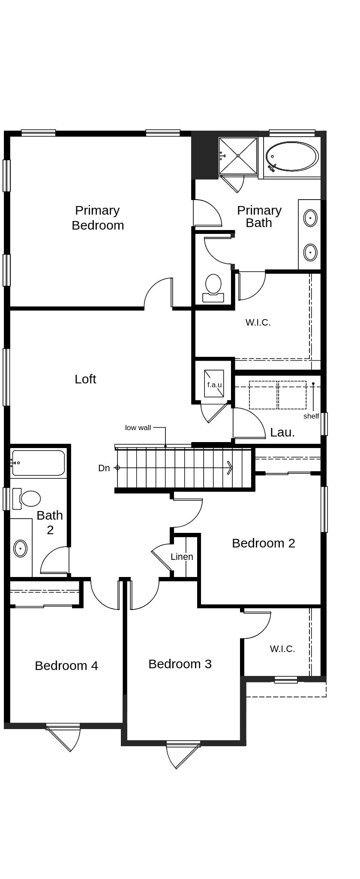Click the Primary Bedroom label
click(x=98, y=218)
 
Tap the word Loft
click(x=85, y=379)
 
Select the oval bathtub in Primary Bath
click(x=292, y=157)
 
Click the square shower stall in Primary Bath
click(x=238, y=156)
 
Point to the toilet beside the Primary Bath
click(x=213, y=288)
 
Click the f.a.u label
click(x=214, y=385)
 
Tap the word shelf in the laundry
click(x=311, y=416)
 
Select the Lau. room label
click(x=282, y=432)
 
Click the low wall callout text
click(x=138, y=428)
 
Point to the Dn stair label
click(x=104, y=468)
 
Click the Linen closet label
click(x=182, y=557)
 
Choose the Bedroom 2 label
click(x=264, y=543)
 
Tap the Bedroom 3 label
click(x=180, y=664)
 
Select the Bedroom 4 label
click(x=66, y=666)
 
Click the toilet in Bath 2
click(x=27, y=499)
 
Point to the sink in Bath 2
click(x=20, y=548)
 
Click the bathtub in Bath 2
click(x=38, y=463)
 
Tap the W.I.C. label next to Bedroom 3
click(x=282, y=649)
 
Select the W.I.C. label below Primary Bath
click(x=258, y=323)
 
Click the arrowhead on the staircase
click(x=230, y=468)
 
